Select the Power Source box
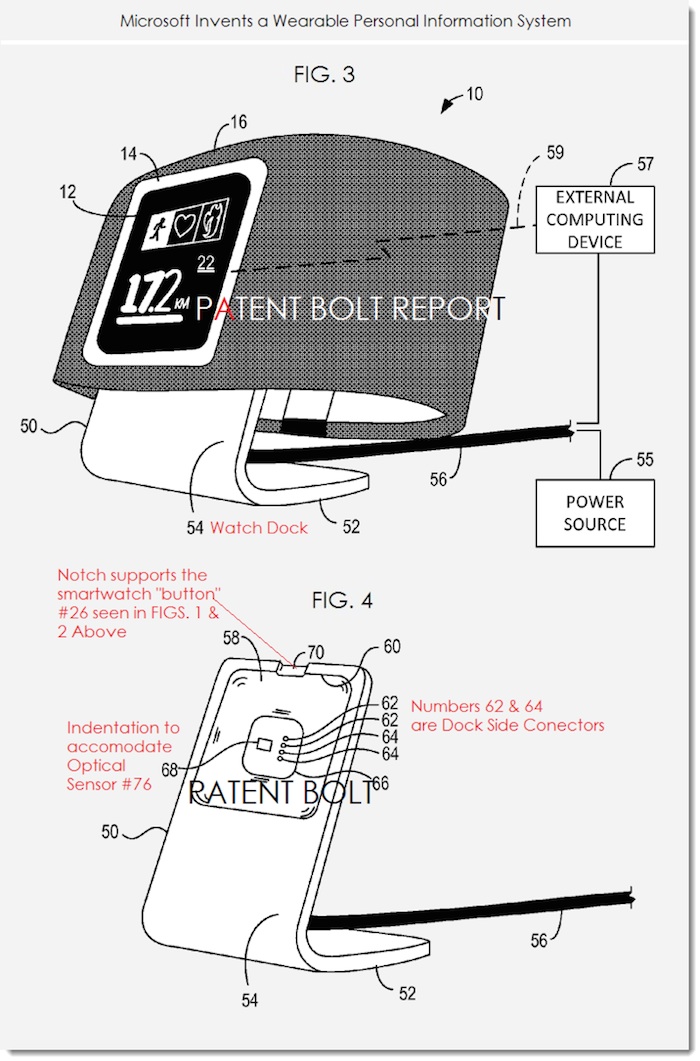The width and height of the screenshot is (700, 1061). tap(594, 513)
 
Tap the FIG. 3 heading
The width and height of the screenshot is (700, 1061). tap(324, 74)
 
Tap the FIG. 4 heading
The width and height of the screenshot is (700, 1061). tap(342, 601)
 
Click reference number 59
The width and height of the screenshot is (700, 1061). tap(554, 152)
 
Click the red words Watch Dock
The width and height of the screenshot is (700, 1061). tap(258, 527)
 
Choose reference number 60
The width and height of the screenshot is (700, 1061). tap(392, 647)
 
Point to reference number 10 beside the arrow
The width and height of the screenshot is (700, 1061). tap(474, 95)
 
